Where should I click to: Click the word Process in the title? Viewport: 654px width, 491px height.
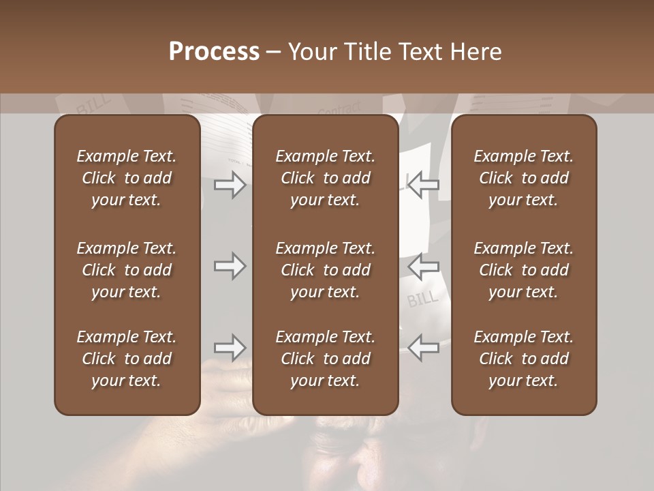[x=214, y=52]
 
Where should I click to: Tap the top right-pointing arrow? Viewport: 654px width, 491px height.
[x=230, y=184]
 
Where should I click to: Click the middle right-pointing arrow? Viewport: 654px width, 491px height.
[x=230, y=266]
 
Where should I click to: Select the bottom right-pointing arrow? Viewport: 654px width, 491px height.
[x=230, y=348]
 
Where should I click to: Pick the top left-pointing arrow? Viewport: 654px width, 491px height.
[x=424, y=184]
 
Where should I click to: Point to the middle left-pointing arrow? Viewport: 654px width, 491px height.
[x=424, y=266]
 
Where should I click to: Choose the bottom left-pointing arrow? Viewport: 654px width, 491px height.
[x=424, y=348]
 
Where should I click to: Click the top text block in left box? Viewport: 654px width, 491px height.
[x=127, y=178]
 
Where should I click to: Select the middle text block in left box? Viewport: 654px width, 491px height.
[x=127, y=270]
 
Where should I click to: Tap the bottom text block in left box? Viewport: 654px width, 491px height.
[x=127, y=359]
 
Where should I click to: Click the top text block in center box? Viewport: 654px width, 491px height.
[x=325, y=178]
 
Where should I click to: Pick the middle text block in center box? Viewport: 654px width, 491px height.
[x=325, y=270]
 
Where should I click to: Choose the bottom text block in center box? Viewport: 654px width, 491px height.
[x=325, y=359]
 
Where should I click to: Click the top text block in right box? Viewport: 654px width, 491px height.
[x=524, y=178]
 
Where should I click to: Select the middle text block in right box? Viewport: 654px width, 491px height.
[x=524, y=270]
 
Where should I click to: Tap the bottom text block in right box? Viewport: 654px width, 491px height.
[x=524, y=359]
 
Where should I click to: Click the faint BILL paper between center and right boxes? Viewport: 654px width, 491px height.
[x=423, y=298]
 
